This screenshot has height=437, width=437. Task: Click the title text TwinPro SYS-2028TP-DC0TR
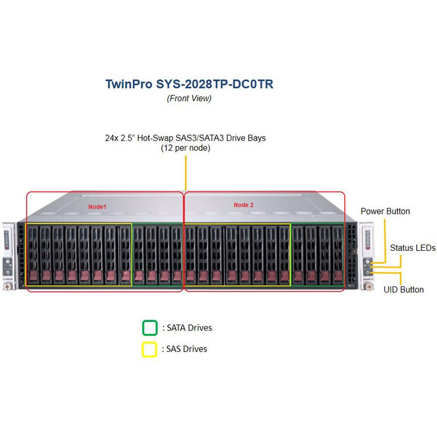(x=189, y=84)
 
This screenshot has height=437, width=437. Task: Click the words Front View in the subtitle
(x=189, y=98)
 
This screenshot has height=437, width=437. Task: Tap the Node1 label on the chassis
(x=97, y=206)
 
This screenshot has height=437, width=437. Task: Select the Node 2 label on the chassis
(x=244, y=205)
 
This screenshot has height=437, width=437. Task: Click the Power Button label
(x=385, y=212)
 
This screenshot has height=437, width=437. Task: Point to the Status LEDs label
(x=413, y=248)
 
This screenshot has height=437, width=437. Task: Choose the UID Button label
(x=403, y=289)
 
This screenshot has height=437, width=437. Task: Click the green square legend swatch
(x=150, y=328)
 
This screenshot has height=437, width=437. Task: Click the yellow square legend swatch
(x=150, y=350)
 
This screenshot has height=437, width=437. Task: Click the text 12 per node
(x=186, y=148)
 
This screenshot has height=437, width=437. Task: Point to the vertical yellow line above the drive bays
(x=185, y=173)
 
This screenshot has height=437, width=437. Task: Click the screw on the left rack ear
(x=7, y=286)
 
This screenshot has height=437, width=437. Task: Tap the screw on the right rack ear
(x=369, y=286)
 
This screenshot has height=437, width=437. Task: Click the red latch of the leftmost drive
(x=33, y=276)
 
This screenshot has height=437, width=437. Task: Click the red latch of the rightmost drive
(x=338, y=276)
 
